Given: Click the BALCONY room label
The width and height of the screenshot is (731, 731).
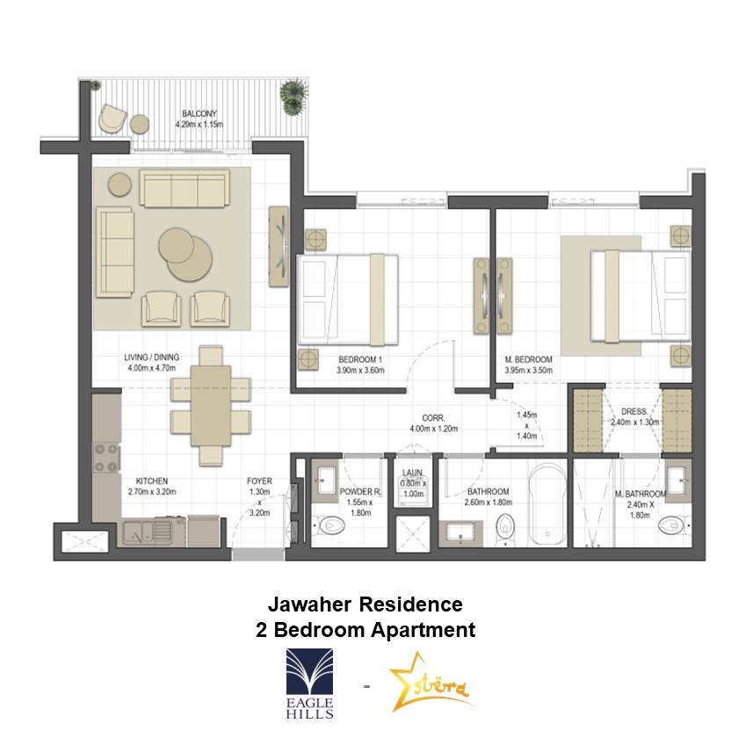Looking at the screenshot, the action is [x=199, y=113].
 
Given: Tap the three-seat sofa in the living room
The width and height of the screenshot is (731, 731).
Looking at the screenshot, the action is [x=185, y=188].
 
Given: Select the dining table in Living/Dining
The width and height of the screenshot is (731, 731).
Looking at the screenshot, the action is [x=211, y=405].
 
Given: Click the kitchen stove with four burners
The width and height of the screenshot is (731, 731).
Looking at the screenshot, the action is [x=106, y=458].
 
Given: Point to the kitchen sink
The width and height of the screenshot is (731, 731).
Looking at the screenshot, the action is [x=148, y=532].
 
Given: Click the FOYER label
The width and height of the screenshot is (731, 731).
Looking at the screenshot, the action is [x=259, y=481].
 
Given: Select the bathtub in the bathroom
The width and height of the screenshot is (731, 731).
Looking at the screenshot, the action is [x=547, y=504].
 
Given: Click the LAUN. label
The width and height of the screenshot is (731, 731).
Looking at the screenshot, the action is [x=412, y=473].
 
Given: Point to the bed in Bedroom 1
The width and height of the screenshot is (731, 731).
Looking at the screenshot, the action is [x=348, y=300].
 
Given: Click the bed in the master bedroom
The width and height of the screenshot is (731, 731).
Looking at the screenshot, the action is [x=641, y=296].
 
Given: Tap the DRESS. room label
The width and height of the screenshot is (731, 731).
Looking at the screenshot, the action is [x=634, y=412].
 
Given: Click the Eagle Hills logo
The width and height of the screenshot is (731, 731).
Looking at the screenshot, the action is [x=309, y=684].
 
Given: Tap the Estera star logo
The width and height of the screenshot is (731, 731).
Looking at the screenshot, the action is [x=429, y=683].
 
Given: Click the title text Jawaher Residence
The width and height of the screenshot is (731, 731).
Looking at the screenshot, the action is [x=365, y=604].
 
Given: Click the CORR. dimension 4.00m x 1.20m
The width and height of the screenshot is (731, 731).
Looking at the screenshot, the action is [x=433, y=429].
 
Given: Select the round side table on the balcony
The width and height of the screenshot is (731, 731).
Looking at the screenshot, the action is [x=140, y=124].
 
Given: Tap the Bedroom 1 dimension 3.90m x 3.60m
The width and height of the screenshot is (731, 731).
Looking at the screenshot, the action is [x=360, y=371].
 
